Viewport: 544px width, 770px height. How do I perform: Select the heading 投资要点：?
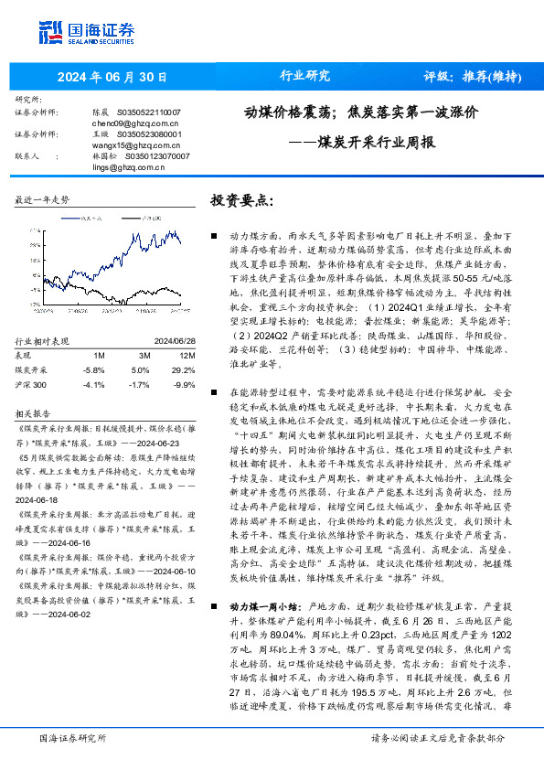242,200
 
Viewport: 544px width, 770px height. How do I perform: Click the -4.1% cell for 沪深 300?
94,359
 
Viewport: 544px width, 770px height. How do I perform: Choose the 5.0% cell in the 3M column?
141,345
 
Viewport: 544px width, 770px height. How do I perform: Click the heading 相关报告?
37,386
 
